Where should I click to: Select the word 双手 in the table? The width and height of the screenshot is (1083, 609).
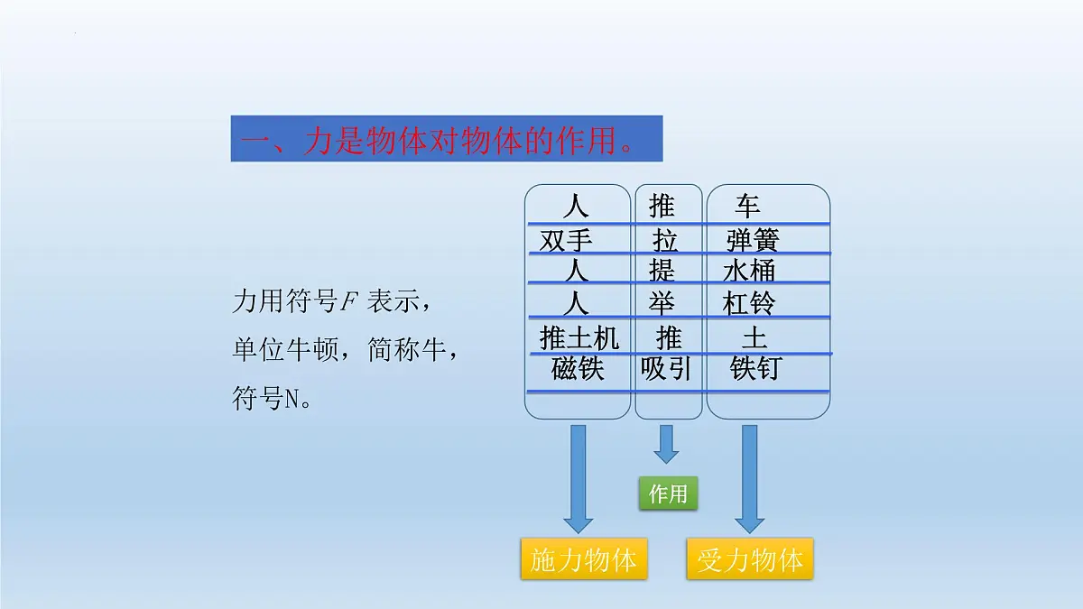point(566,241)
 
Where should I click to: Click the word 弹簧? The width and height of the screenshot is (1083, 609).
point(752,241)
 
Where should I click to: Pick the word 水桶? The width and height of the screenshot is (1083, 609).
point(749,271)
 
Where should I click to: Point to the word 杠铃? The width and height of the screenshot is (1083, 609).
point(749,303)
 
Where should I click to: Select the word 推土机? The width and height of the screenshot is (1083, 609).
point(579,338)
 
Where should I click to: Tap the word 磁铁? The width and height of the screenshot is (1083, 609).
point(577,369)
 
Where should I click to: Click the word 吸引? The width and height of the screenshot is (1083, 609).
point(666,369)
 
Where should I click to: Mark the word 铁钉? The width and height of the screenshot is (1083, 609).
point(755,369)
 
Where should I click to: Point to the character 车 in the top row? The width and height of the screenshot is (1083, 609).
point(747,206)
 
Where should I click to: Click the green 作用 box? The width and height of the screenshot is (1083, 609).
point(668,494)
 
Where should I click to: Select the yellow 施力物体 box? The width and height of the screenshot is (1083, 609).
point(583,560)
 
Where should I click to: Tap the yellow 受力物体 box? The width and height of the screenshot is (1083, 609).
point(750,560)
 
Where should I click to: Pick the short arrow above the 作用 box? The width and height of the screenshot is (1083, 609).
point(667,443)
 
